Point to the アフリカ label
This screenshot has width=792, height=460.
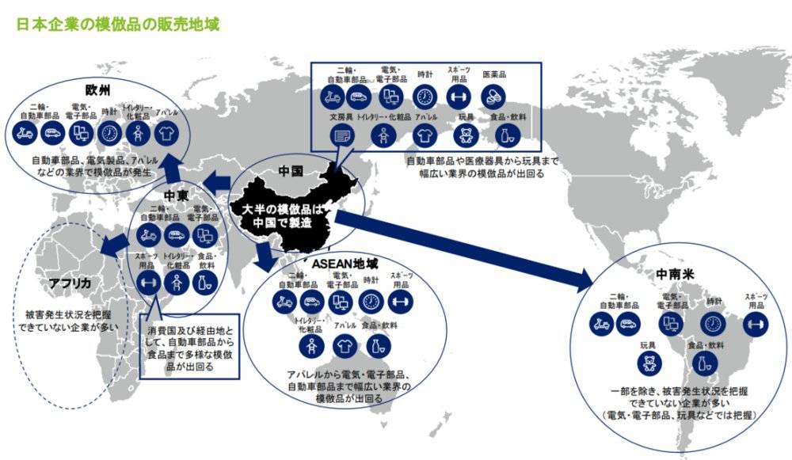[69, 283]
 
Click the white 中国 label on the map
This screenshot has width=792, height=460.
[292, 170]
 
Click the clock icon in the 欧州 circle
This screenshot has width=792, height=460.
[109, 132]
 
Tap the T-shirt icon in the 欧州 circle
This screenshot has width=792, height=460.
[166, 132]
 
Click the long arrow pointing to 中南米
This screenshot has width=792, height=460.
[467, 249]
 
